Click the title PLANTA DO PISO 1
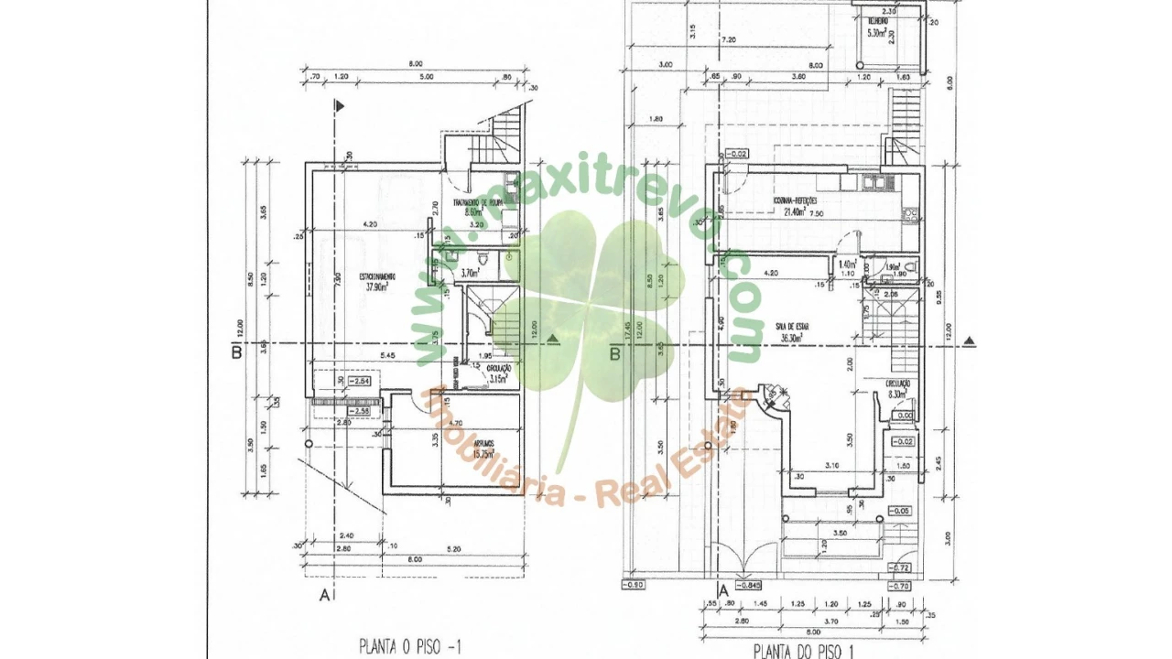point(804,651)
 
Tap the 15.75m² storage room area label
point(485,456)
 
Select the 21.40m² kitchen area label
point(793,211)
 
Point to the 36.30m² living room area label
point(792,337)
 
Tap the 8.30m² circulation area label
point(897,394)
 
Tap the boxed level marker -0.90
point(634,584)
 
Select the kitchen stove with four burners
point(910,215)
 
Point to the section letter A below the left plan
point(323,595)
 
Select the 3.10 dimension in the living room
point(831,466)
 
